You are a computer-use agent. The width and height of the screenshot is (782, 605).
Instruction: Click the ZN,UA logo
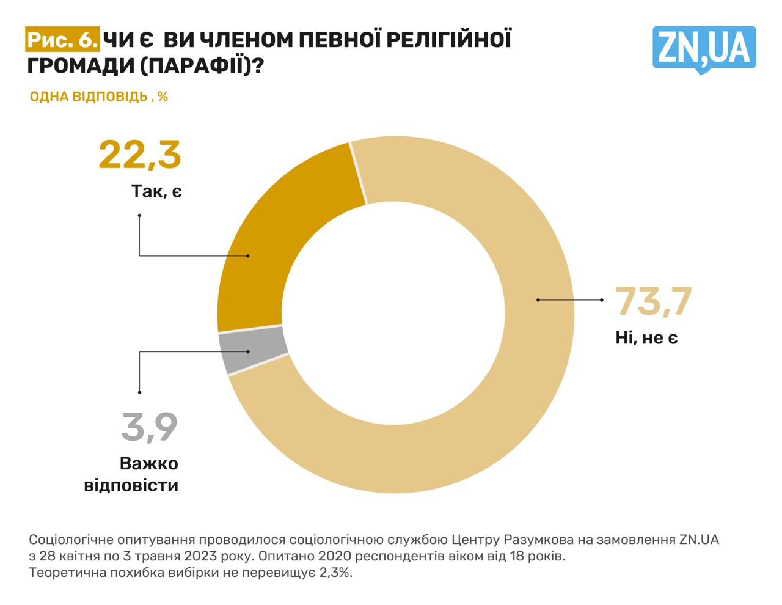(704, 48)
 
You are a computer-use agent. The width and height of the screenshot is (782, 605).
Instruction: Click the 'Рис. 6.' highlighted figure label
(62, 40)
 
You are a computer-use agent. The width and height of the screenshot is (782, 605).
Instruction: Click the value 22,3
(140, 155)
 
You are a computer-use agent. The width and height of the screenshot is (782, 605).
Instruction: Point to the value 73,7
(653, 301)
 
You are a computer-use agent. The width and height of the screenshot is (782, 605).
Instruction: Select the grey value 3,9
(150, 427)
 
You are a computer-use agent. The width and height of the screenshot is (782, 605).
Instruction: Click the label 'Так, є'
(156, 191)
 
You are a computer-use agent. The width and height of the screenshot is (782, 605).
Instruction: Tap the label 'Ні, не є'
(646, 337)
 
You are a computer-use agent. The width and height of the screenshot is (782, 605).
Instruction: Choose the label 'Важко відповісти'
(131, 474)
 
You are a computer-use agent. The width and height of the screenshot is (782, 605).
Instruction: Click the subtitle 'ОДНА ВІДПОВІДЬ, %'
(98, 97)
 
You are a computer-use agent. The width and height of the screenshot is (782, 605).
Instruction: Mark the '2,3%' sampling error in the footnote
(337, 573)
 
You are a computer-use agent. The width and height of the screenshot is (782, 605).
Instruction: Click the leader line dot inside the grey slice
(248, 351)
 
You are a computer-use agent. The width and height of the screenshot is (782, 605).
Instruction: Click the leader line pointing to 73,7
(569, 300)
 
